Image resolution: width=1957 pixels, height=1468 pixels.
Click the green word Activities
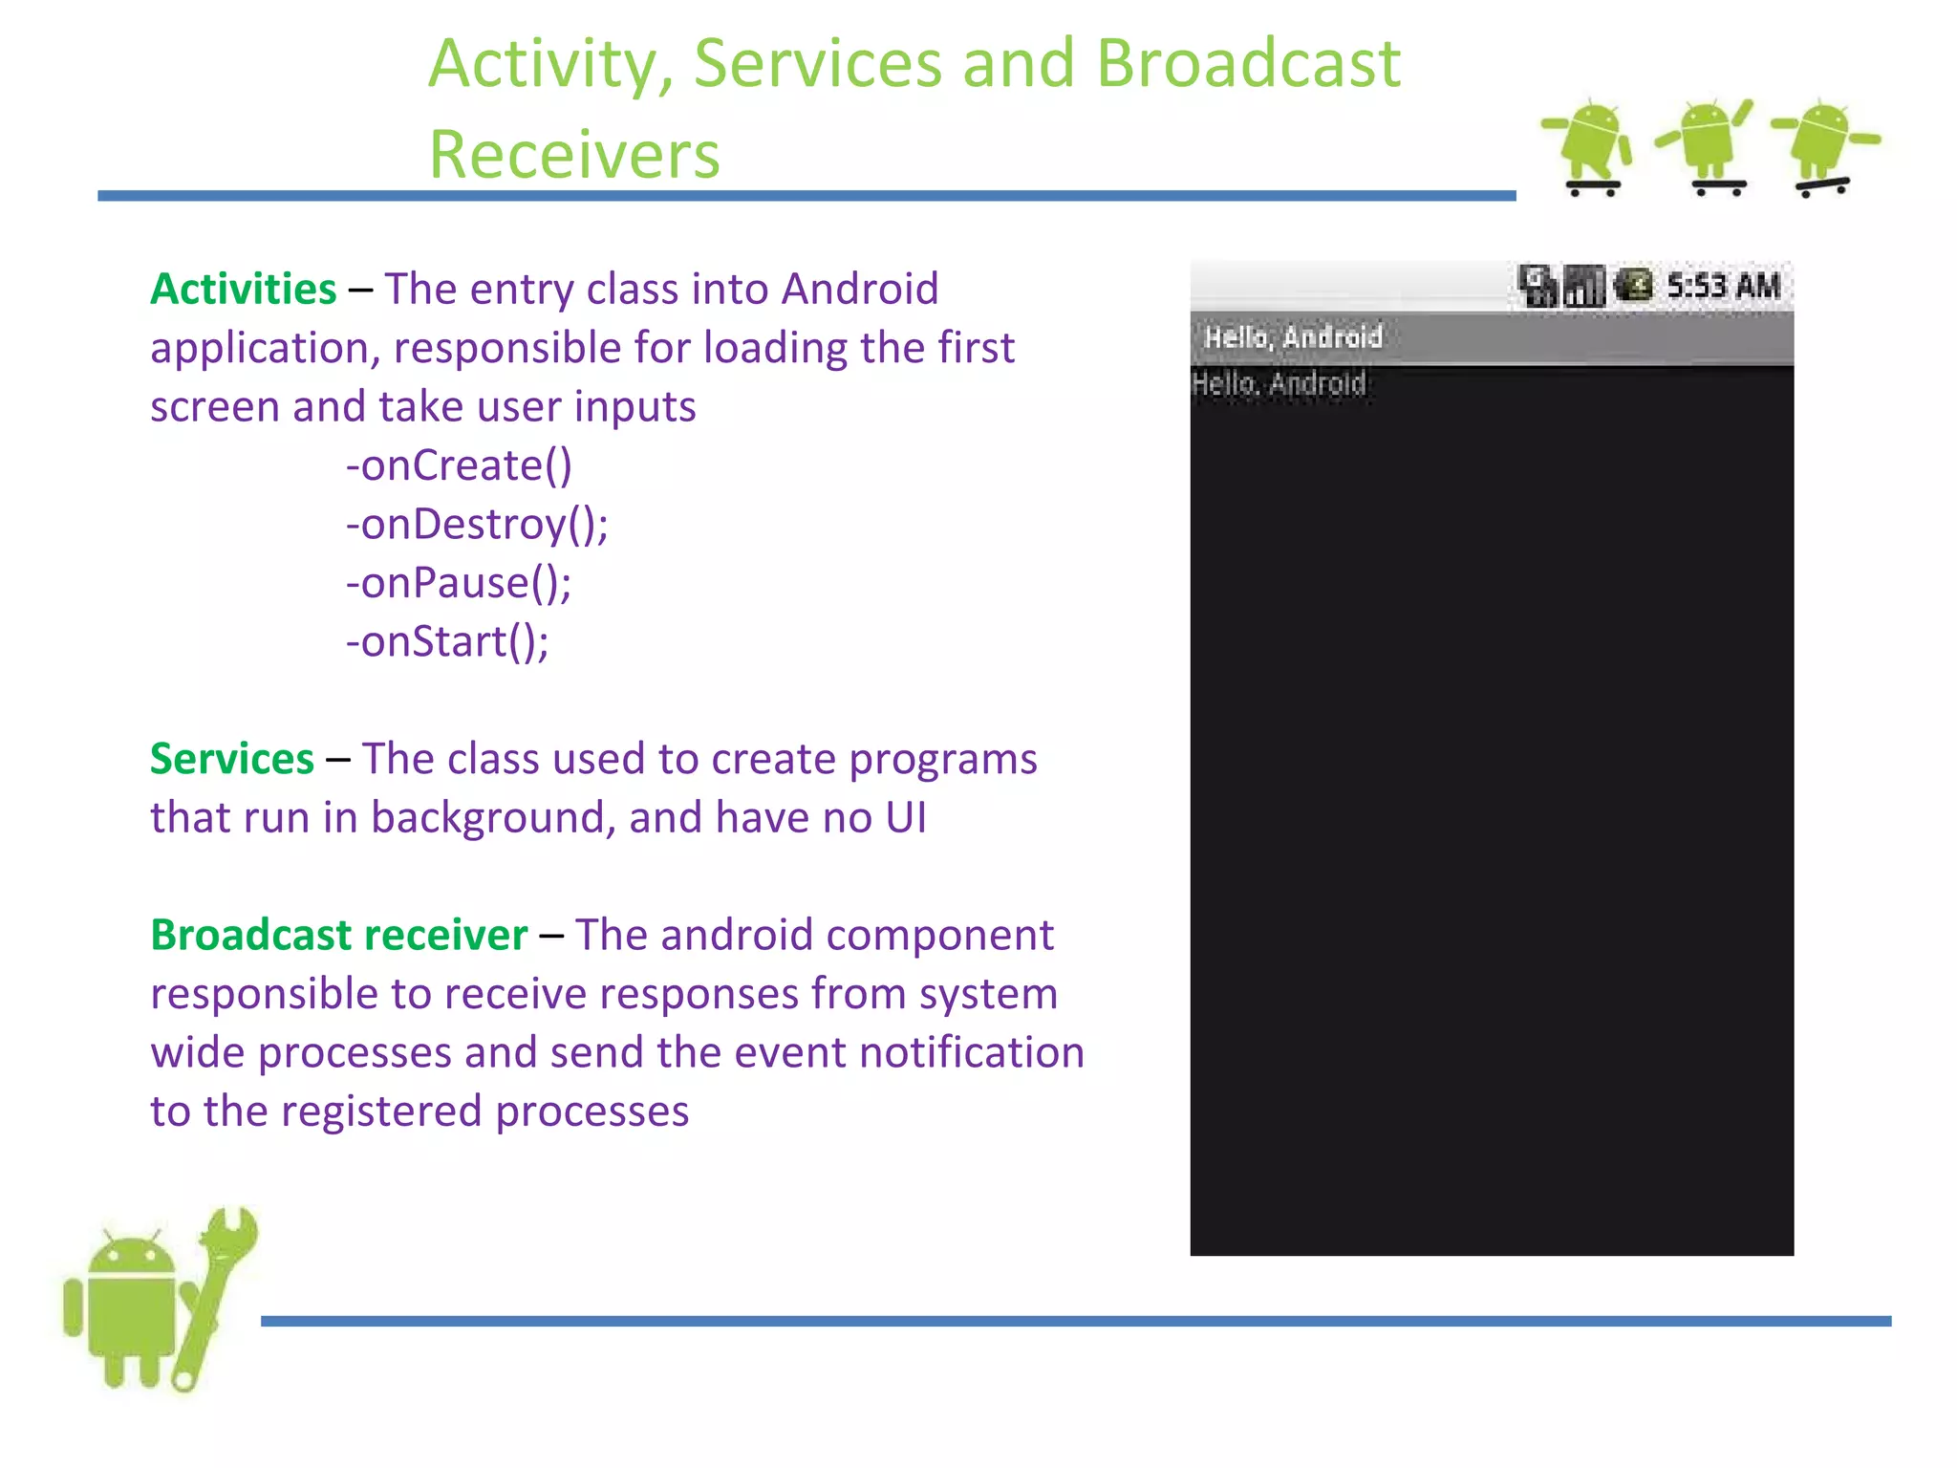(243, 289)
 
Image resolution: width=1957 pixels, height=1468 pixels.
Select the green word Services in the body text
(231, 759)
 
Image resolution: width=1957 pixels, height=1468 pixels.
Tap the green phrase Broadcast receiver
(338, 935)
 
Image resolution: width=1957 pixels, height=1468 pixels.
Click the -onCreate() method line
(459, 465)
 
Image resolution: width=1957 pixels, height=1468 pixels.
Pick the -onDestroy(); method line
(477, 525)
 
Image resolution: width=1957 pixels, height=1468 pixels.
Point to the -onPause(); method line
(459, 583)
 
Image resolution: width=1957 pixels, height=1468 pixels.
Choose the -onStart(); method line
(447, 641)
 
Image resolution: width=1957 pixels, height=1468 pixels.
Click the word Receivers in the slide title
(573, 155)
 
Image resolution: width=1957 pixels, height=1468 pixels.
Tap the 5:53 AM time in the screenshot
(1723, 286)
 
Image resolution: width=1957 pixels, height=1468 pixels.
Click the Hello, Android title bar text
(1293, 337)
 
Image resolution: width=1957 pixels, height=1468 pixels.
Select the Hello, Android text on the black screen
(1279, 384)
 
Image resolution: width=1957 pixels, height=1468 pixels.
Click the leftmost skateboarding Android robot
(1589, 146)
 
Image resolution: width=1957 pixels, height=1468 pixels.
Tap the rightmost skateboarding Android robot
(1823, 146)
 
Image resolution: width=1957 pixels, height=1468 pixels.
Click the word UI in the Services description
(905, 818)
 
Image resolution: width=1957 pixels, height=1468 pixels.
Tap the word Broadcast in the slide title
(1247, 64)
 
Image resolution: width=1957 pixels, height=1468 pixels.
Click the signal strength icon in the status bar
(1583, 286)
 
